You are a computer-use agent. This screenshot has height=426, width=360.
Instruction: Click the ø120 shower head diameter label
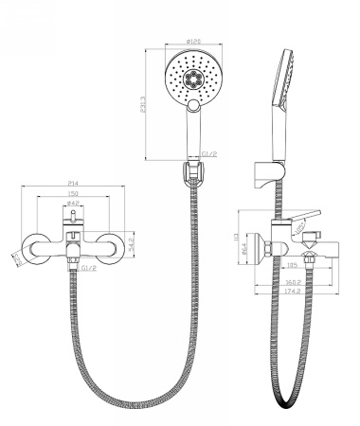click(195, 41)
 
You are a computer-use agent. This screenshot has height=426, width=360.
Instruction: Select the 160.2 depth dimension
click(292, 281)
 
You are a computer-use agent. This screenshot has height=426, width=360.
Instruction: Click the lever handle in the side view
click(301, 214)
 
